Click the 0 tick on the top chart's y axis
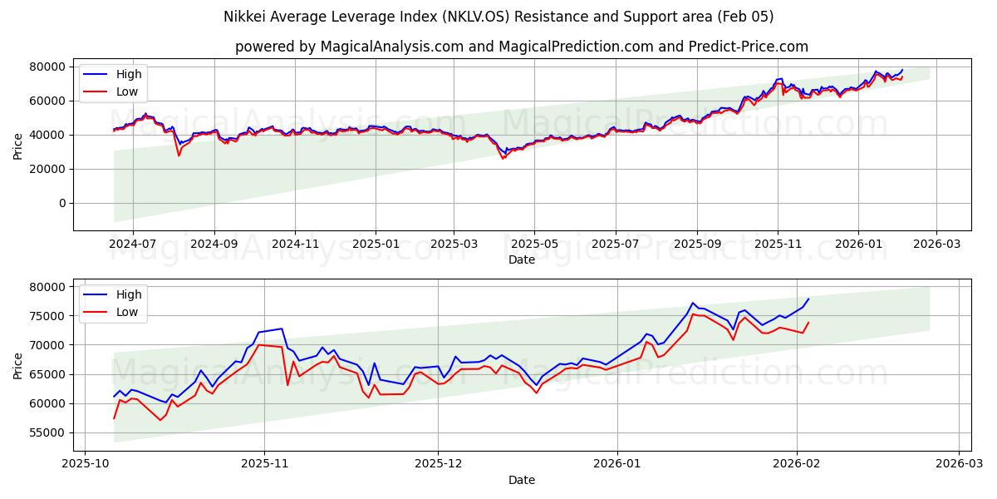(61, 203)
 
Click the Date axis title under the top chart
(522, 260)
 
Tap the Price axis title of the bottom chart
(18, 365)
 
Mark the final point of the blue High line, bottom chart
(808, 299)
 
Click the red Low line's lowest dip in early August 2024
(178, 156)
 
